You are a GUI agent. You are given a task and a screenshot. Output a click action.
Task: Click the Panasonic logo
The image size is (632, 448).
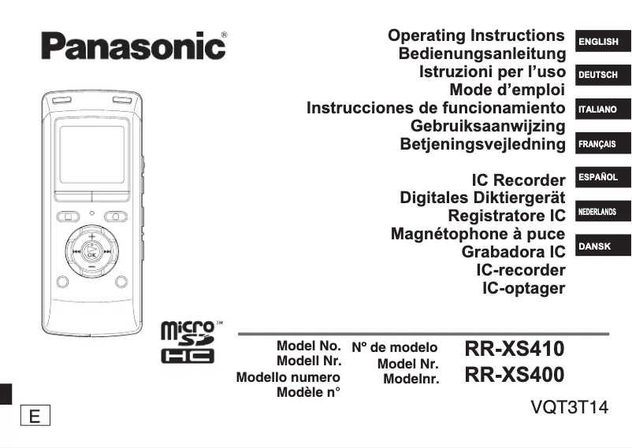pyautogui.click(x=133, y=45)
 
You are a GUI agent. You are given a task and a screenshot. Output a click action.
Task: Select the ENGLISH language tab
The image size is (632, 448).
pyautogui.click(x=599, y=42)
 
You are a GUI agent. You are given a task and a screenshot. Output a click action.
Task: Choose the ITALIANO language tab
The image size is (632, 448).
pyautogui.click(x=597, y=109)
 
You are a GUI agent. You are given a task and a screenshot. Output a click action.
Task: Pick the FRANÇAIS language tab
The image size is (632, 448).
pyautogui.click(x=597, y=145)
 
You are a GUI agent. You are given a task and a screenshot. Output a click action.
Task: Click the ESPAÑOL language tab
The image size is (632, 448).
pyautogui.click(x=598, y=178)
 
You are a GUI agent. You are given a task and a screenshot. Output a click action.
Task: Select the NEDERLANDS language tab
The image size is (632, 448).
pyautogui.click(x=597, y=213)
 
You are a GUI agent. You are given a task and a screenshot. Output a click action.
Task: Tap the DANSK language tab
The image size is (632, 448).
pyautogui.click(x=595, y=246)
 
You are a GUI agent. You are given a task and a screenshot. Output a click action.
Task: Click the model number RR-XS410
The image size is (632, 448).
pyautogui.click(x=515, y=348)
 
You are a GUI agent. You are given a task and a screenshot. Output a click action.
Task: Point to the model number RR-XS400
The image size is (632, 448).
pyautogui.click(x=515, y=376)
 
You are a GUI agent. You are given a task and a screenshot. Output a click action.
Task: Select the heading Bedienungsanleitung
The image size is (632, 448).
pyautogui.click(x=481, y=54)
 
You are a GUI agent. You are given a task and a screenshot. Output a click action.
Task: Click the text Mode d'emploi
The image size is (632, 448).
pyautogui.click(x=507, y=91)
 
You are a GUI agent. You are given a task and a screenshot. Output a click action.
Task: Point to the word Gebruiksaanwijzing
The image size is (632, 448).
pyautogui.click(x=488, y=126)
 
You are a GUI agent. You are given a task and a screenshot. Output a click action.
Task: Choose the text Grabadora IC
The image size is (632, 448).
pyautogui.click(x=513, y=252)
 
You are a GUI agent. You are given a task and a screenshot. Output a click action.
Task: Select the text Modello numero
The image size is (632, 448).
pyautogui.click(x=288, y=378)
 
